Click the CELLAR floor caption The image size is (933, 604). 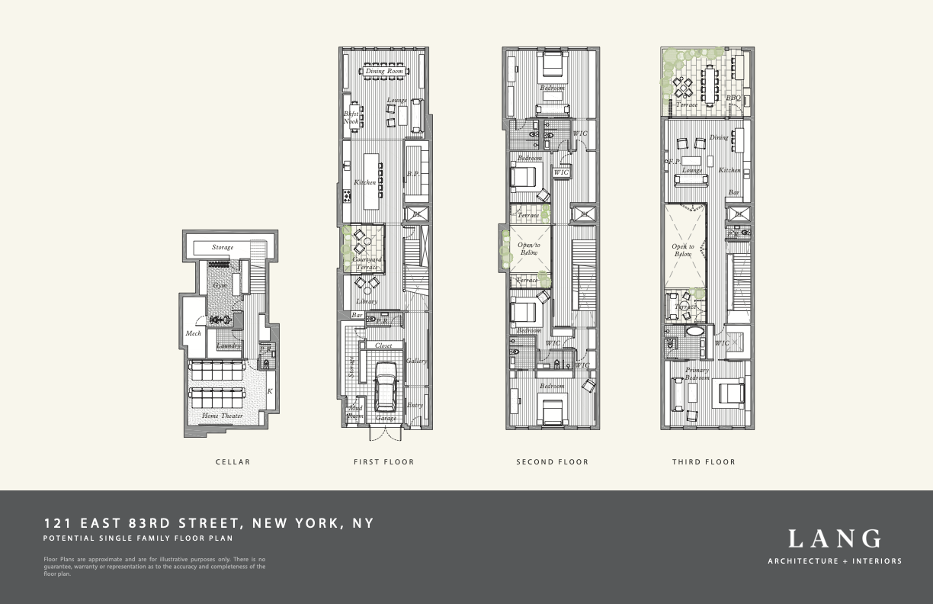coord(232,461)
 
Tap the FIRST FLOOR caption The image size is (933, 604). coord(383,461)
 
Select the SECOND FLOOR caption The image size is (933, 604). coord(552,461)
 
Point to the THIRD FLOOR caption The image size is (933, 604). coord(704,461)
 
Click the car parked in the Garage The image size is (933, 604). coord(385,387)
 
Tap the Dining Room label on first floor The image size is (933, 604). coord(384,72)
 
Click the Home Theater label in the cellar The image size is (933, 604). coord(223,416)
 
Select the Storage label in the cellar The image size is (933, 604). coord(223,247)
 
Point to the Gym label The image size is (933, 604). coord(220,285)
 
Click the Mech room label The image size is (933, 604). coord(193,333)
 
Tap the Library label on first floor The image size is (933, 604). coord(366,302)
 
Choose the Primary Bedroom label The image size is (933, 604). coord(697,374)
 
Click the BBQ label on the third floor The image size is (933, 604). coord(733,98)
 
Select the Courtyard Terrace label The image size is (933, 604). coord(366,264)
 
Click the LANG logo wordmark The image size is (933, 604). coord(834,539)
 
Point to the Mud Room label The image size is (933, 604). coord(355,413)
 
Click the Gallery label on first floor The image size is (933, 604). coord(416,361)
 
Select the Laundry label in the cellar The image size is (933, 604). coord(228,345)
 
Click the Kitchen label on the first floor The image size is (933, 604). coord(364,182)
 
